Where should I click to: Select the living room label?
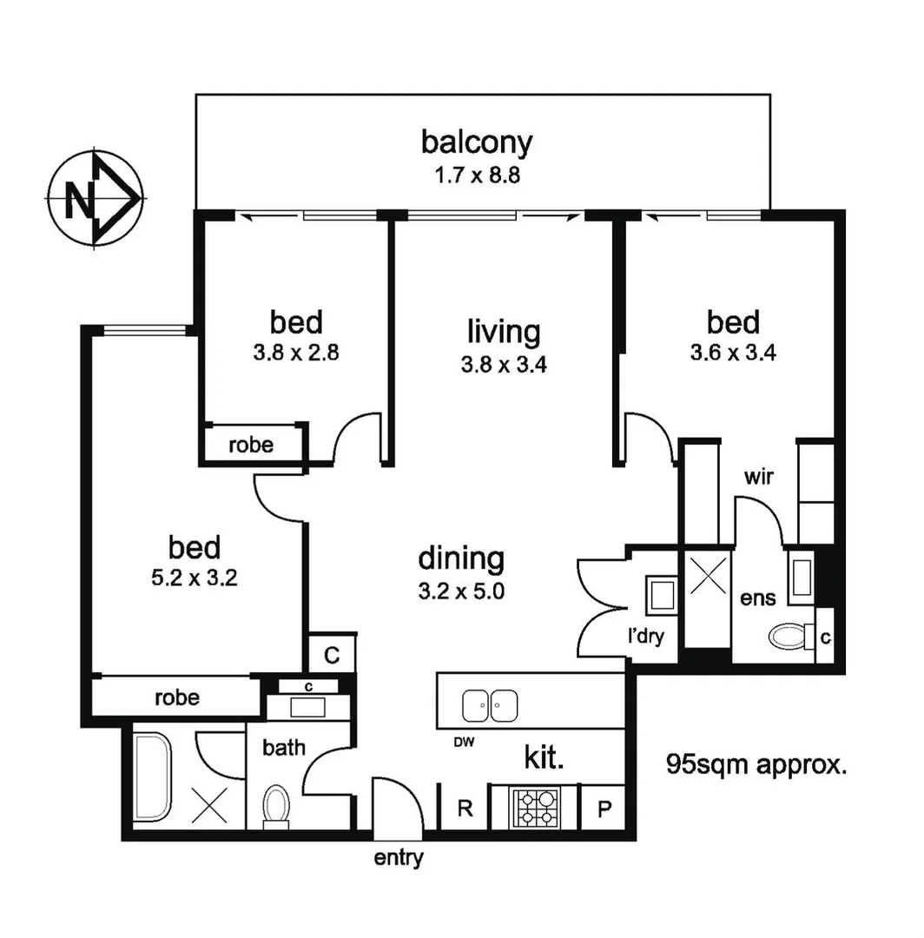pyautogui.click(x=504, y=331)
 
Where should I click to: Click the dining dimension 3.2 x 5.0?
pyautogui.click(x=461, y=592)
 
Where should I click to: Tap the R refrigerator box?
pyautogui.click(x=465, y=809)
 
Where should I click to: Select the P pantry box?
pyautogui.click(x=604, y=809)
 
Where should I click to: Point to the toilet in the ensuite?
pyautogui.click(x=788, y=637)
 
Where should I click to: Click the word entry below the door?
pyautogui.click(x=399, y=859)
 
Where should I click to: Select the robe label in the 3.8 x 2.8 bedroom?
pyautogui.click(x=251, y=446)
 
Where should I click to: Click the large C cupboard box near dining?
pyautogui.click(x=332, y=655)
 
